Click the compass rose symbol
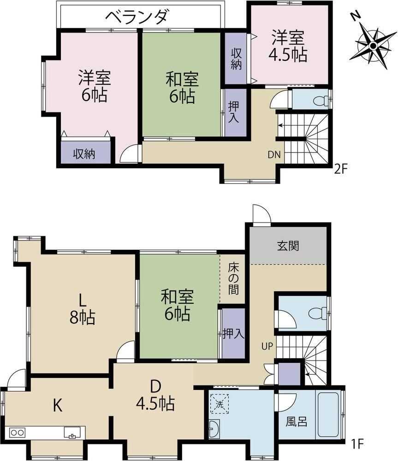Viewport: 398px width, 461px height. tap(373, 45)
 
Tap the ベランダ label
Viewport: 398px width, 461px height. tap(137, 17)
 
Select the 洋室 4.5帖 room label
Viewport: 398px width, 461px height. tap(288, 46)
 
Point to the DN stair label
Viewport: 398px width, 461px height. tap(274, 154)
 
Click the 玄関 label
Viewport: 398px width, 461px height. tap(288, 246)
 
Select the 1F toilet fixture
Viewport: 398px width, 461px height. tap(317, 313)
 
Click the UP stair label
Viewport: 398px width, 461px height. tap(267, 347)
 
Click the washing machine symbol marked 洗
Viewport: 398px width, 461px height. tap(220, 404)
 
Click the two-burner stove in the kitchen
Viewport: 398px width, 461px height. tap(17, 432)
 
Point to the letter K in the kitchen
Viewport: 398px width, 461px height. tap(57, 406)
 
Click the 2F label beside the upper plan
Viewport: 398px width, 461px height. tap(341, 170)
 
